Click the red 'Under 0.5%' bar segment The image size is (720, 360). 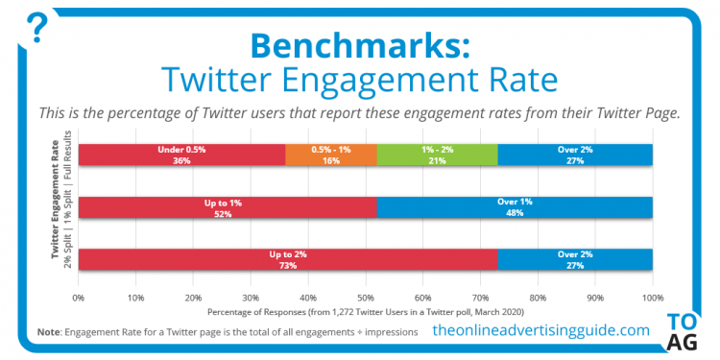181,155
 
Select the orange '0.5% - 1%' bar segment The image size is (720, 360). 331,155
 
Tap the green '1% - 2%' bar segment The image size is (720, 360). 438,155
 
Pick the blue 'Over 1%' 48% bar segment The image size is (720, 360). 515,206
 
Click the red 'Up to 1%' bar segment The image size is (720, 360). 228,206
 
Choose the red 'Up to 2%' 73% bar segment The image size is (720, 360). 288,259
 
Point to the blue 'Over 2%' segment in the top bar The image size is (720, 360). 575,155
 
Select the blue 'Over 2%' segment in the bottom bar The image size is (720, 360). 575,259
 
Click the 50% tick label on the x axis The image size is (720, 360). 366,298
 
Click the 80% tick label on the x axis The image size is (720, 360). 538,298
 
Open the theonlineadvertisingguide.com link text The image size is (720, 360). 540,330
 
